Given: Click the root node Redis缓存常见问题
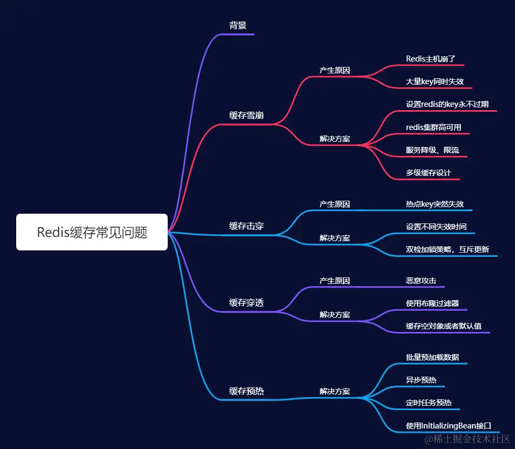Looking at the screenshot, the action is (x=92, y=232).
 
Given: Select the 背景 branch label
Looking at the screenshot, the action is (x=238, y=25).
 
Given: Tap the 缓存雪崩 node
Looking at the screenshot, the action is (x=246, y=115).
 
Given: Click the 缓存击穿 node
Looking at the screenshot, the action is (x=246, y=226).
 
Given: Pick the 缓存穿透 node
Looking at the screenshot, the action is (x=246, y=303).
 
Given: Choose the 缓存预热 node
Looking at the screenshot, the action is (x=246, y=391).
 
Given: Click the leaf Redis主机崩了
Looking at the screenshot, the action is (x=431, y=58).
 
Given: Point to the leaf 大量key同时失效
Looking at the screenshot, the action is (x=435, y=82).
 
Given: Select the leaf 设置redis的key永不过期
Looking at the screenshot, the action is (x=447, y=104).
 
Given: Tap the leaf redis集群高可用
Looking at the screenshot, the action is (x=434, y=127).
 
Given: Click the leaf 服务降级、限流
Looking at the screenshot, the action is (x=432, y=150).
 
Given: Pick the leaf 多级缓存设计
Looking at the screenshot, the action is (x=429, y=173).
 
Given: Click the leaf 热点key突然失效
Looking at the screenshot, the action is (x=435, y=204).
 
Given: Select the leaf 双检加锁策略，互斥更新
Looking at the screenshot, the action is (x=447, y=250).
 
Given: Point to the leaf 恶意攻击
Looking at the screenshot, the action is (x=421, y=281).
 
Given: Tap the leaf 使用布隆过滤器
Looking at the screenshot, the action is (x=432, y=303).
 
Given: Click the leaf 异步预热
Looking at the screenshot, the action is (x=421, y=380).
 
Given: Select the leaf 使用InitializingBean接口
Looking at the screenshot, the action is (x=448, y=426).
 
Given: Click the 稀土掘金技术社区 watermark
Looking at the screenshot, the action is (x=467, y=439).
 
